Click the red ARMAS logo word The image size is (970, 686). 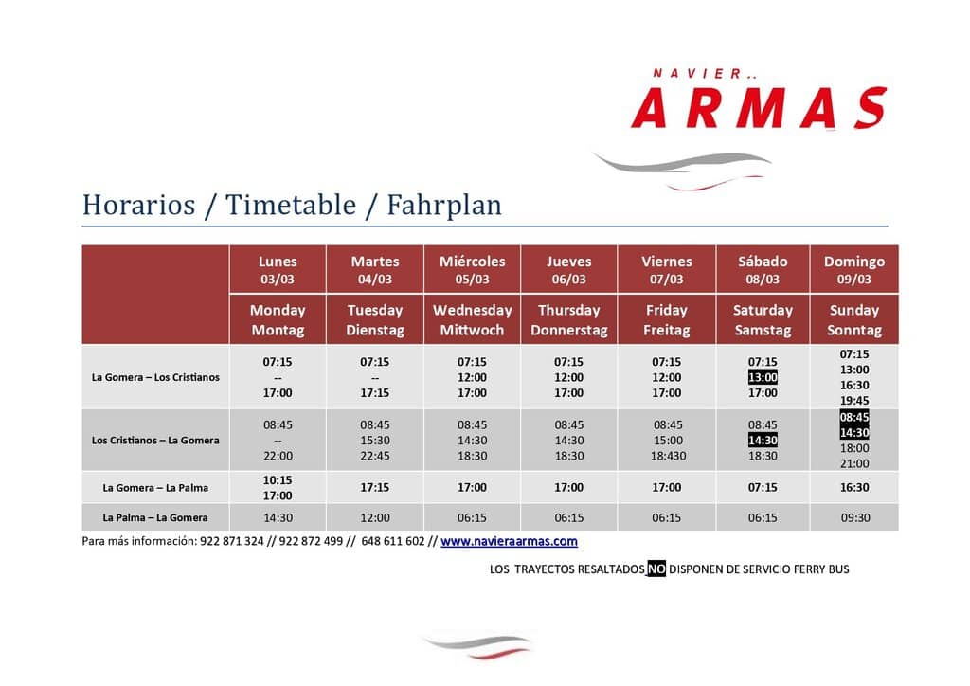point(759,108)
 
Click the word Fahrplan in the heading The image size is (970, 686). point(444,206)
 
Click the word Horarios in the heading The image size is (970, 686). point(138,206)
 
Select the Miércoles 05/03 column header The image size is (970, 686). point(472,270)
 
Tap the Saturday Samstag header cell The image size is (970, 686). point(763,320)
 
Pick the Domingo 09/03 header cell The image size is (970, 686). point(854,270)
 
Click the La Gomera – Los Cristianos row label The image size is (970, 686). point(155,377)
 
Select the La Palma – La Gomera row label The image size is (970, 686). point(155,517)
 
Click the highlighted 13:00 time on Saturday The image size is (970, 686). point(763,377)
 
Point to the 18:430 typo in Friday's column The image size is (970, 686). point(666,456)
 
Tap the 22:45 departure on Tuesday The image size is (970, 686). point(375,456)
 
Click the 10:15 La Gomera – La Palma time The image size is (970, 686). point(278,480)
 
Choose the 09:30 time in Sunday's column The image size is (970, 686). point(855,517)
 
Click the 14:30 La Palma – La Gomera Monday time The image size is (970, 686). point(278,517)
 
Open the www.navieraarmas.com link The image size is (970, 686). point(509,541)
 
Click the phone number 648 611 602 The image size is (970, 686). point(393,541)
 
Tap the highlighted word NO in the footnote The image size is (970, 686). point(656,569)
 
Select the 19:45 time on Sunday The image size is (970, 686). point(854,401)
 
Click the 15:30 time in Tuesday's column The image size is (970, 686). point(375,441)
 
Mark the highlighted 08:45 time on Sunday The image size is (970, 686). point(854,417)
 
